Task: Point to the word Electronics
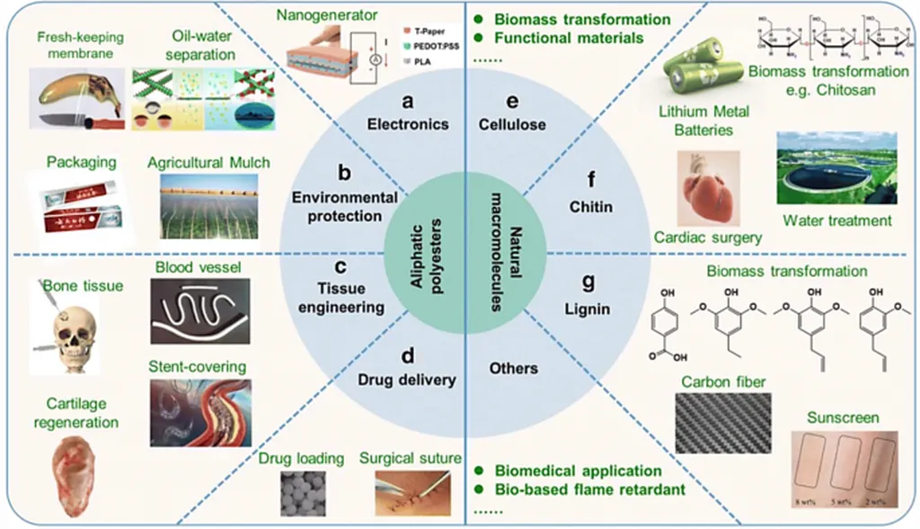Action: [408, 124]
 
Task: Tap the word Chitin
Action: [591, 207]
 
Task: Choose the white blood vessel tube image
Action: [200, 311]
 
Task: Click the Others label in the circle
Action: [514, 368]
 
